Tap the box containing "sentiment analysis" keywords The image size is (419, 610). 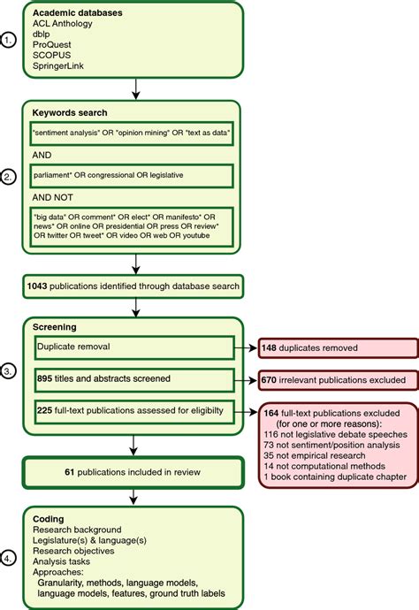132,133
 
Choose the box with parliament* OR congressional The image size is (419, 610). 132,175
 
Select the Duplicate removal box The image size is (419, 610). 132,348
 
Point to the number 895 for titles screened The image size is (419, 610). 47,378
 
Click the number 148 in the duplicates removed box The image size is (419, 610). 270,350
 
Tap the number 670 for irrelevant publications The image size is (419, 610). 270,380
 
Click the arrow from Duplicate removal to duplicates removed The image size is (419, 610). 247,349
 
